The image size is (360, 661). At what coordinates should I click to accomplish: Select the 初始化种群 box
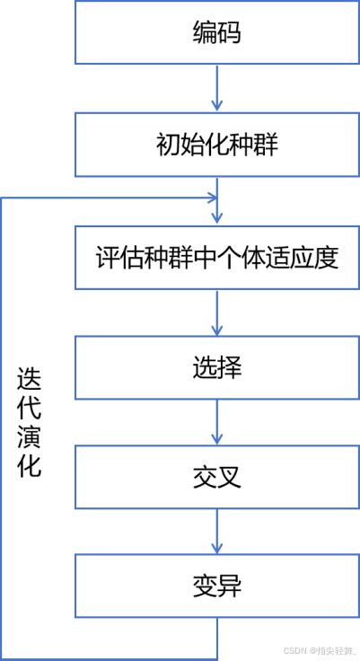pyautogui.click(x=216, y=145)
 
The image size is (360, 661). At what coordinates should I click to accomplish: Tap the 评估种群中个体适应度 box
pyautogui.click(x=216, y=258)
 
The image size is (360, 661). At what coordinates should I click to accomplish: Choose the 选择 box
pyautogui.click(x=216, y=368)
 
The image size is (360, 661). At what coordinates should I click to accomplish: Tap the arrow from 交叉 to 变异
pyautogui.click(x=216, y=533)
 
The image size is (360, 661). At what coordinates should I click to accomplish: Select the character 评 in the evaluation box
pyautogui.click(x=107, y=258)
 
